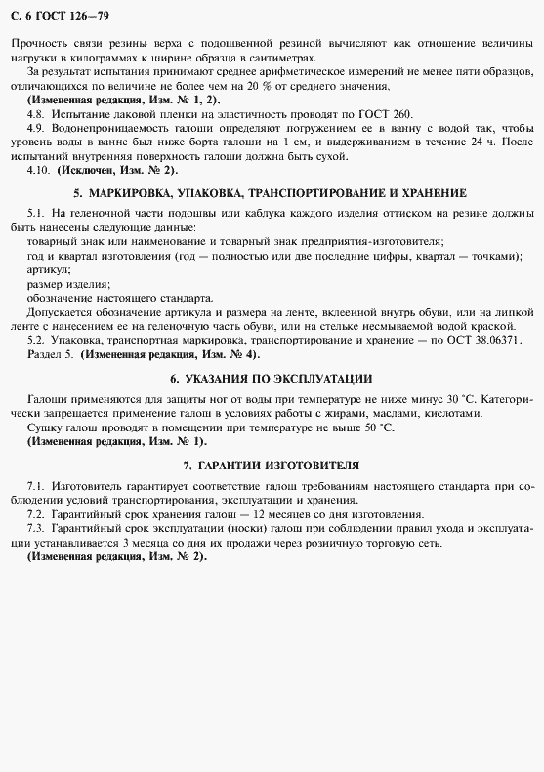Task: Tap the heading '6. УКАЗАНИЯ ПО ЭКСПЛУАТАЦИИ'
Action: (271, 378)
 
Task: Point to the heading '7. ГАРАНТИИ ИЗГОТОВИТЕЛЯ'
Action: (271, 465)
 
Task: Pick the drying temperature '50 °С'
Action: (374, 427)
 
